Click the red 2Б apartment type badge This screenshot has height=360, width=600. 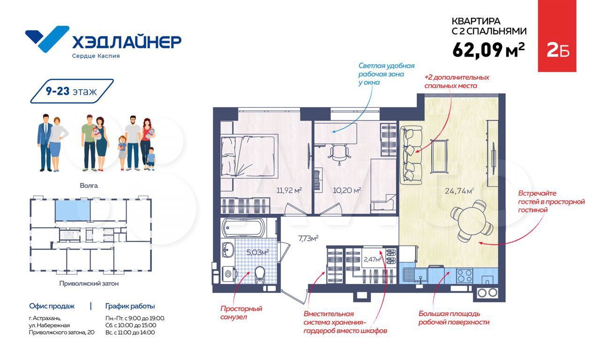tap(557, 36)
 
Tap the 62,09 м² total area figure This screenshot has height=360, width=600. tap(488, 50)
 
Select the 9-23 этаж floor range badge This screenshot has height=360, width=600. tap(72, 91)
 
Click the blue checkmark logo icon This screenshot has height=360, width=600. tap(47, 39)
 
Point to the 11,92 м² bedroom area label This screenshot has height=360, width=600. tap(289, 190)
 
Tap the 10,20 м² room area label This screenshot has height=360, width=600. tap(347, 190)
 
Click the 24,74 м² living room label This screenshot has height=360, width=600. tap(459, 191)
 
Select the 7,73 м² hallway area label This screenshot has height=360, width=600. tap(308, 238)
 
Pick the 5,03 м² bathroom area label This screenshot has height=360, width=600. tap(258, 252)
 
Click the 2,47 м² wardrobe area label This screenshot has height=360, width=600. tap(373, 259)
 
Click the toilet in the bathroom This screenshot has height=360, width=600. tap(260, 275)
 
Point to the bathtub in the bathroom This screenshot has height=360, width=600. tap(244, 228)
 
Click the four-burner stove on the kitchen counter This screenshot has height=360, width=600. tap(465, 275)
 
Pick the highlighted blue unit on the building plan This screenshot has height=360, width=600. tap(73, 210)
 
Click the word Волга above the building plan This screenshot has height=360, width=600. tap(89, 185)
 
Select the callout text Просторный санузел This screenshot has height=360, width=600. tap(241, 313)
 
